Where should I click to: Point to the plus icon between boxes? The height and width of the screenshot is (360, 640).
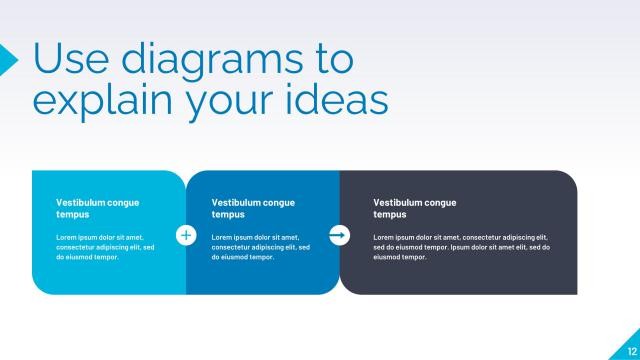pos(185,235)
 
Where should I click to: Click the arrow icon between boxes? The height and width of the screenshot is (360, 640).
pos(339,235)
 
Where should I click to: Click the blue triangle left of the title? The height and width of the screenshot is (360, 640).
pos(8,59)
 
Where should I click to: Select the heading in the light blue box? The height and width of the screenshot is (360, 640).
pos(97,208)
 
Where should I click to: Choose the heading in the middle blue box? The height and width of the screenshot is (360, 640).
pos(253,208)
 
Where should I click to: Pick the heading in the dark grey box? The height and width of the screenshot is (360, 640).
pos(414,208)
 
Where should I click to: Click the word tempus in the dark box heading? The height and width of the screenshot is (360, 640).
pos(389,214)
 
